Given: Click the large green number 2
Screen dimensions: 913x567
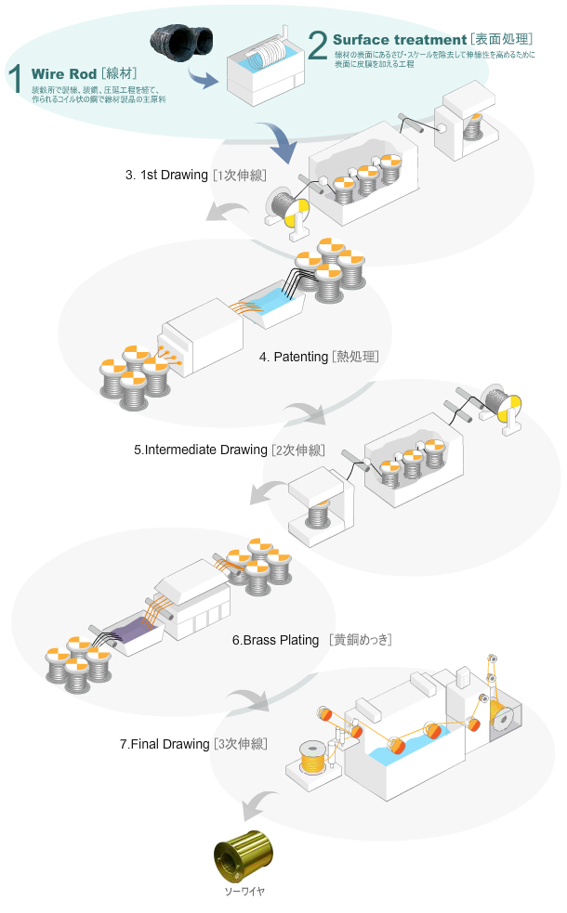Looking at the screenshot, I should point(317,45).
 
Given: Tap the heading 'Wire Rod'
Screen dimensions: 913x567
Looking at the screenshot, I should point(64,73).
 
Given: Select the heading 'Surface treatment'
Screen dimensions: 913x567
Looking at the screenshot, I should point(399,40).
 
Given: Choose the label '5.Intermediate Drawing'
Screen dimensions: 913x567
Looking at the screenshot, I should point(200,450).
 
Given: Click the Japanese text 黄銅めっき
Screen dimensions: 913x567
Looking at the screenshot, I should point(359,640).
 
